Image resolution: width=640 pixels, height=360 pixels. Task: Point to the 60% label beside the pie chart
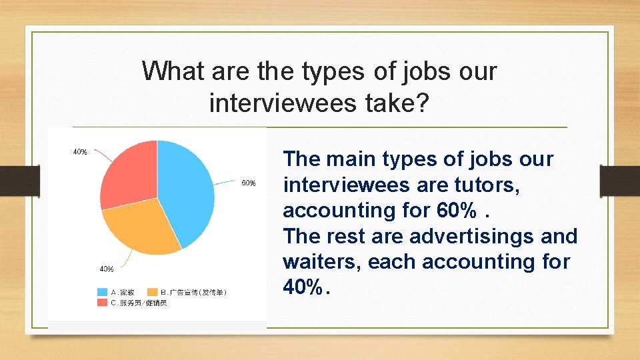249,183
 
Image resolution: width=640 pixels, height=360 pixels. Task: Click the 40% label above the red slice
80,152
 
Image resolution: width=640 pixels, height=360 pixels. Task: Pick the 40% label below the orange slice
106,269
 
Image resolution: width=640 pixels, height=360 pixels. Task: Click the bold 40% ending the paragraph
304,287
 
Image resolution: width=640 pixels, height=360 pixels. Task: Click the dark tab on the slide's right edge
620,181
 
